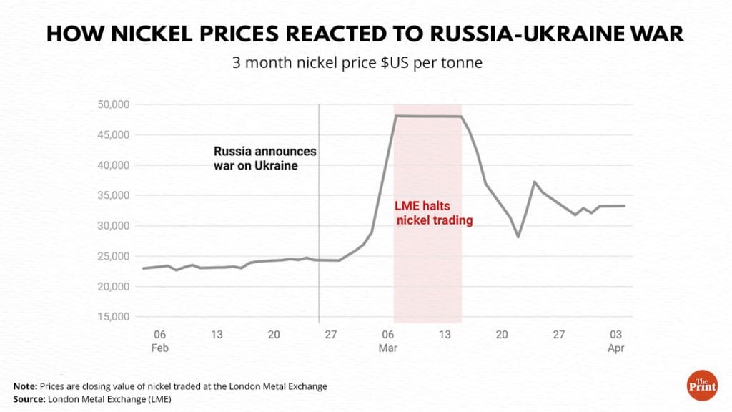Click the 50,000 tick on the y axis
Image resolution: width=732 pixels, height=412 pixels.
click(112, 104)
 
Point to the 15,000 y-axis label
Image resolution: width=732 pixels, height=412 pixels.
click(112, 317)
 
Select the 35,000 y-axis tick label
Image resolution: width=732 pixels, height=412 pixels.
click(112, 195)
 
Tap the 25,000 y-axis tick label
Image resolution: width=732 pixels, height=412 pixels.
click(112, 256)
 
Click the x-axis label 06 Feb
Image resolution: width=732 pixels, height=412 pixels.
click(159, 340)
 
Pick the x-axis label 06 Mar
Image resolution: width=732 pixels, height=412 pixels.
click(388, 340)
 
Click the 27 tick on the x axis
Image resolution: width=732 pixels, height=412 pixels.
click(331, 334)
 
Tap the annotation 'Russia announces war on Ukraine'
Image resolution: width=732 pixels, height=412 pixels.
click(265, 158)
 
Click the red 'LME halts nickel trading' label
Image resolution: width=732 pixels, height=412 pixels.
click(434, 213)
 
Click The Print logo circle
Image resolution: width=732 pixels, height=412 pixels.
click(701, 385)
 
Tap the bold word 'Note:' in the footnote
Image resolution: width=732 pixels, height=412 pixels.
click(26, 386)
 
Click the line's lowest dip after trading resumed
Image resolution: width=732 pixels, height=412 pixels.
click(518, 237)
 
